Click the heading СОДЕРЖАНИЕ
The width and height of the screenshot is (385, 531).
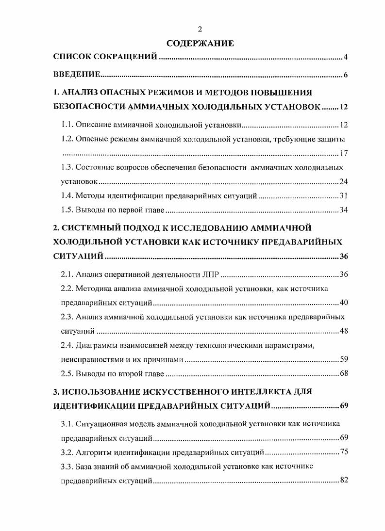(x=200, y=44)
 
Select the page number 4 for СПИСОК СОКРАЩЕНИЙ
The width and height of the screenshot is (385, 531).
(x=346, y=58)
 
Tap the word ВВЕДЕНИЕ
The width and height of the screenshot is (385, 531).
(x=76, y=75)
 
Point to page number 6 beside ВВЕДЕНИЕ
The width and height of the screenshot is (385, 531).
(x=346, y=75)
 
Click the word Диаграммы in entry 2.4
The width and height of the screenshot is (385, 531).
(x=95, y=346)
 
